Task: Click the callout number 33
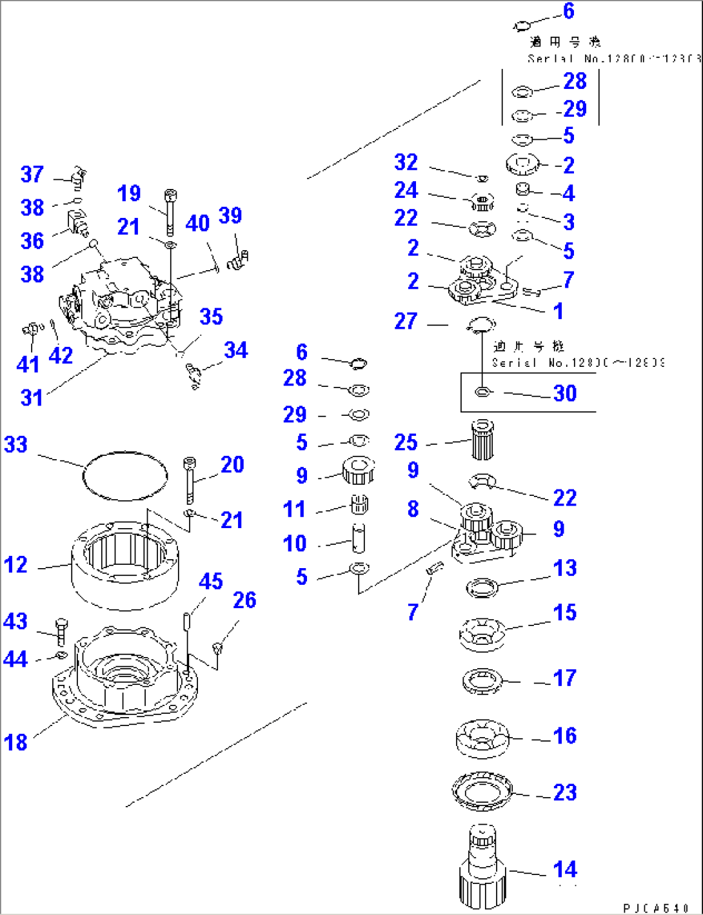pyautogui.click(x=16, y=444)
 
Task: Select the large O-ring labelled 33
pyautogui.click(x=125, y=476)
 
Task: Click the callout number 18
pyautogui.click(x=16, y=742)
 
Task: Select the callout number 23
pyautogui.click(x=565, y=792)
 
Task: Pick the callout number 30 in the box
pyautogui.click(x=565, y=393)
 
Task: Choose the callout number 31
pyautogui.click(x=32, y=397)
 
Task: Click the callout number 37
pyautogui.click(x=32, y=174)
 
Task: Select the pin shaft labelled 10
pyautogui.click(x=359, y=538)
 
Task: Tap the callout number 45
pyautogui.click(x=211, y=581)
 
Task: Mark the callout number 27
pyautogui.click(x=406, y=320)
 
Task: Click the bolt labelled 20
pyautogui.click(x=188, y=480)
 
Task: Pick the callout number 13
pyautogui.click(x=565, y=567)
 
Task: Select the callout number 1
pyautogui.click(x=559, y=311)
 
